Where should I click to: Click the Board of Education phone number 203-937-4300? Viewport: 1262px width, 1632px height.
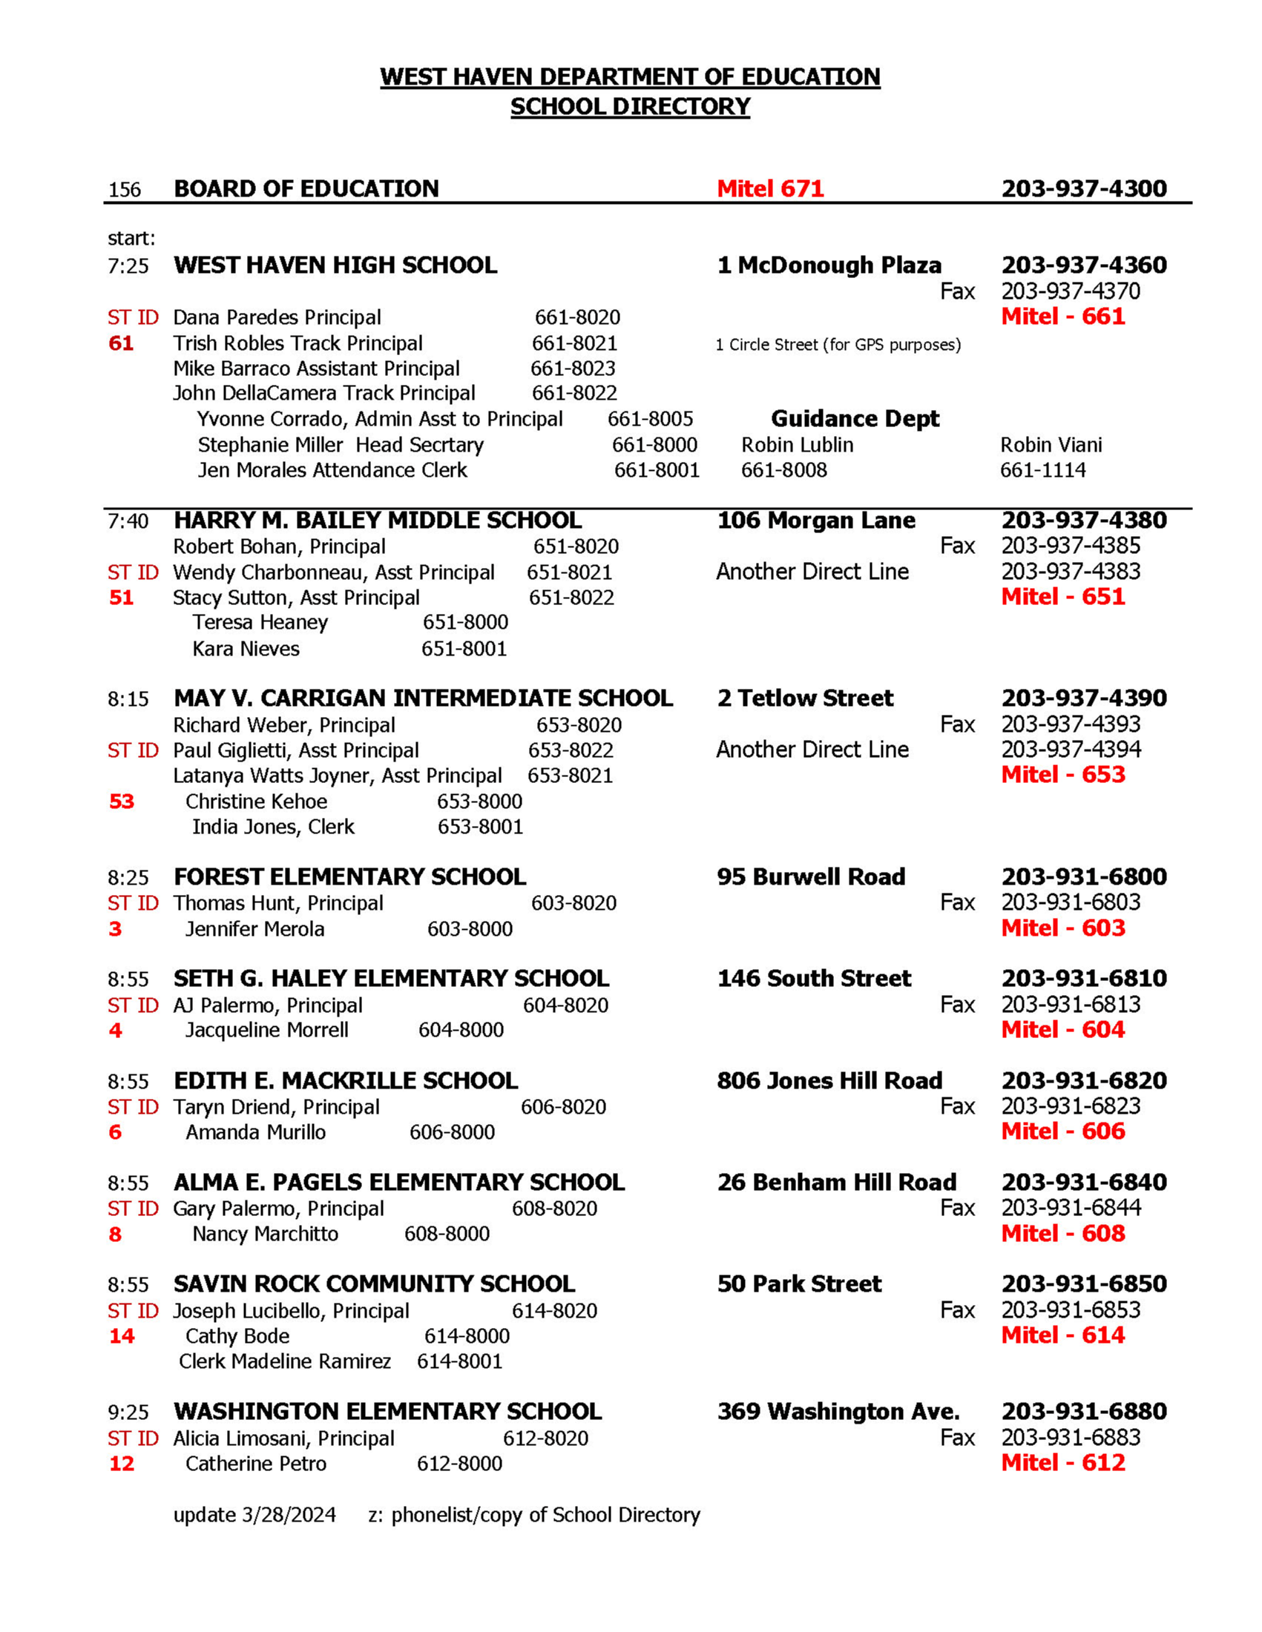click(x=1083, y=188)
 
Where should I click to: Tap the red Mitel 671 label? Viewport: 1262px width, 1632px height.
click(x=770, y=188)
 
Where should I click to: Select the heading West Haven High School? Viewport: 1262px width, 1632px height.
click(x=335, y=265)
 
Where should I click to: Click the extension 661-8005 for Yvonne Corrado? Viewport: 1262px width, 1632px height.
click(x=650, y=419)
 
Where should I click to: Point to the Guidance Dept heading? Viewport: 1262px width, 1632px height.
click(x=855, y=418)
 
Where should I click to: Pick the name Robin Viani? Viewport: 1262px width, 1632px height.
click(x=1051, y=446)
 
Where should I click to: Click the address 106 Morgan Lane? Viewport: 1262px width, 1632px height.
click(x=815, y=520)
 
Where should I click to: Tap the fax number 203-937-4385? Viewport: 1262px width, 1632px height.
click(x=1071, y=546)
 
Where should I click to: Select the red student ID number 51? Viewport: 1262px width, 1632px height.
click(x=121, y=598)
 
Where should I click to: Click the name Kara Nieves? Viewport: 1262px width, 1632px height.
click(x=246, y=649)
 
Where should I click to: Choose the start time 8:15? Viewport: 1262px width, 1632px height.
click(x=128, y=699)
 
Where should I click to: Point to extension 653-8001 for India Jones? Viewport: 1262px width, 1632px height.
click(x=480, y=827)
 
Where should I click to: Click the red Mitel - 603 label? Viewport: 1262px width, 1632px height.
click(x=1062, y=928)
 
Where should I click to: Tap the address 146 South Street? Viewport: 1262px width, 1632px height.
click(x=814, y=979)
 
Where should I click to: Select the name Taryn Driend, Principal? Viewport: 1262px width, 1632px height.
click(x=276, y=1108)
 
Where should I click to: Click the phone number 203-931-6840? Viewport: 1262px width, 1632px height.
click(x=1083, y=1182)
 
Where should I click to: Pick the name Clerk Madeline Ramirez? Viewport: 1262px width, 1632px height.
click(x=285, y=1361)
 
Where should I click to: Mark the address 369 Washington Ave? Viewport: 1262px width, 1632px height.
click(x=838, y=1412)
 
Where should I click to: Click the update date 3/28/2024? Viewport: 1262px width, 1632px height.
click(x=288, y=1515)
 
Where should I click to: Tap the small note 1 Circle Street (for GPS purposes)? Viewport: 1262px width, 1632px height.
click(x=838, y=346)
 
